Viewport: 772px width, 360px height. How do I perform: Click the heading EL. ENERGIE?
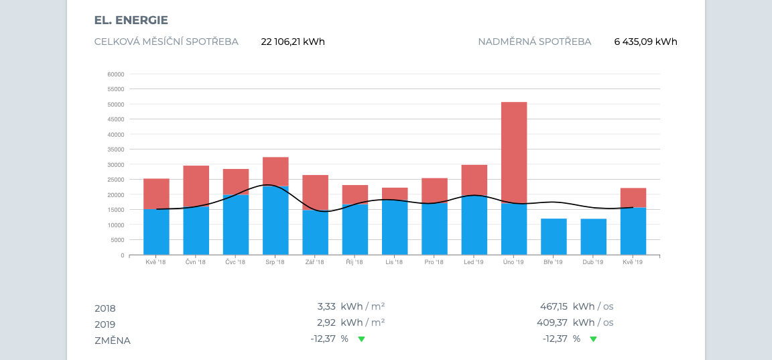(x=131, y=20)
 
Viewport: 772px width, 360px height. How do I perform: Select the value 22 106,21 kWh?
(x=293, y=42)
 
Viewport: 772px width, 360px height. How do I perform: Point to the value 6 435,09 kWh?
(x=645, y=42)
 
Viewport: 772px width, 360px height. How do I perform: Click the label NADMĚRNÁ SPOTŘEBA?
(x=534, y=42)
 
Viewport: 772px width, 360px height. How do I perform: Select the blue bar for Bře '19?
(x=554, y=237)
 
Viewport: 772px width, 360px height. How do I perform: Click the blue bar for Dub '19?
(x=594, y=237)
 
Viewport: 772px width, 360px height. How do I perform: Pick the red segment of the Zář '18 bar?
(x=315, y=192)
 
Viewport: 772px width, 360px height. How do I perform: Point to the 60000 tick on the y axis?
(x=115, y=74)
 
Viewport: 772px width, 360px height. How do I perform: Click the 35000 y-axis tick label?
(x=115, y=149)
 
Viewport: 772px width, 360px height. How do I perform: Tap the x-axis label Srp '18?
(x=275, y=262)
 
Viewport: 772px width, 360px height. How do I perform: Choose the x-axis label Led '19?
(x=474, y=262)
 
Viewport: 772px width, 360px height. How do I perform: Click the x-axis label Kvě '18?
(x=156, y=262)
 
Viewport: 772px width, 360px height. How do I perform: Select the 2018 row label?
(x=105, y=308)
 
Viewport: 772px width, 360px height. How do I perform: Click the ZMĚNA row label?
(x=113, y=341)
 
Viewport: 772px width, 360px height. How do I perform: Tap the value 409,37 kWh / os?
(x=576, y=322)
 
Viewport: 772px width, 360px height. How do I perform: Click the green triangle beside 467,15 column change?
(x=592, y=339)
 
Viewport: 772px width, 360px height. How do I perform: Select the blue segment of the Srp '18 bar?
(x=275, y=221)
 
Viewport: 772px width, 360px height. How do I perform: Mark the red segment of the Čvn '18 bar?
(x=196, y=186)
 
